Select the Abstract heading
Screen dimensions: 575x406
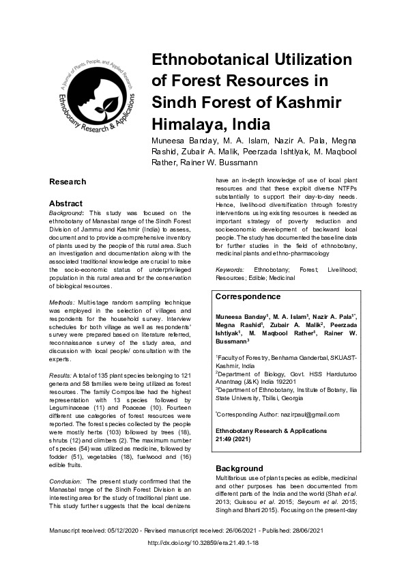pyautogui.click(x=66, y=204)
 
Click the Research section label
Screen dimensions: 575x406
pyautogui.click(x=68, y=182)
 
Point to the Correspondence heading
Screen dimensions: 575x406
pyautogui.click(x=248, y=297)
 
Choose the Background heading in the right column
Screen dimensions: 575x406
pyautogui.click(x=239, y=468)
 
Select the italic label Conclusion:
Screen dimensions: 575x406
pyautogui.click(x=67, y=481)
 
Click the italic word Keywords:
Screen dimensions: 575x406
pyautogui.click(x=230, y=271)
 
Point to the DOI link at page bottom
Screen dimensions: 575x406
pyautogui.click(x=203, y=544)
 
